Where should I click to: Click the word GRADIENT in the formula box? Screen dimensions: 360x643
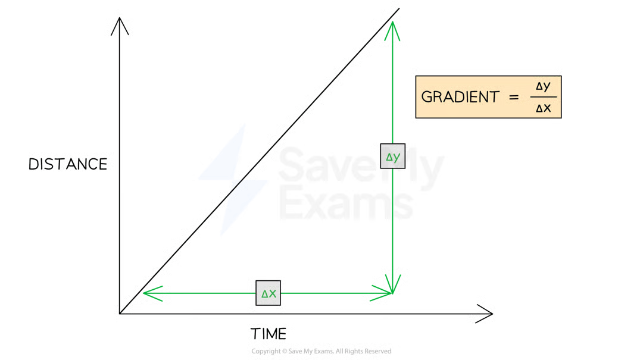coord(460,98)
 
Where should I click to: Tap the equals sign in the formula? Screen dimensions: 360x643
coord(514,98)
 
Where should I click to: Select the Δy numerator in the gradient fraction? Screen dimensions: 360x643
coord(542,86)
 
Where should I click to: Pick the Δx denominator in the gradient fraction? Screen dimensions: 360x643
coord(542,108)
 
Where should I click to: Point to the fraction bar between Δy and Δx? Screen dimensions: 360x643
coord(542,97)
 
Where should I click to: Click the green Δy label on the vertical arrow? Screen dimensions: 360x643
coord(393,157)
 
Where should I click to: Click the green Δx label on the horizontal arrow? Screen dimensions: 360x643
coord(269,293)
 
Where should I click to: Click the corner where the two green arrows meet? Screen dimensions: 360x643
coord(393,292)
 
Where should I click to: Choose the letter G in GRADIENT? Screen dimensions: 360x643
coord(426,98)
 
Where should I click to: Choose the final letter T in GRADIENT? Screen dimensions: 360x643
coord(494,98)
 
